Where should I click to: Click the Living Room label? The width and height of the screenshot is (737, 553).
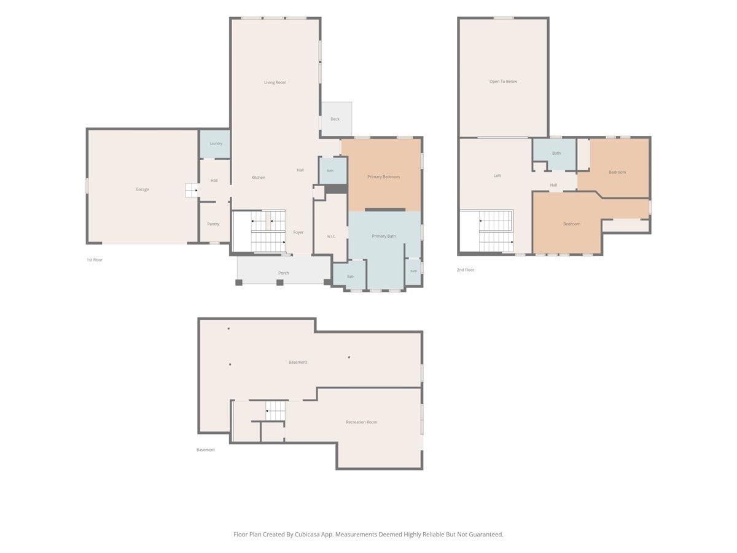pyautogui.click(x=275, y=82)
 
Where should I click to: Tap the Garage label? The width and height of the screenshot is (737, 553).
pyautogui.click(x=142, y=189)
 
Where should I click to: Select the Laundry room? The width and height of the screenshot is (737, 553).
pyautogui.click(x=215, y=144)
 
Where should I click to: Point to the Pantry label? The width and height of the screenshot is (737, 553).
pyautogui.click(x=213, y=224)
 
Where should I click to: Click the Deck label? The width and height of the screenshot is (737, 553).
pyautogui.click(x=335, y=119)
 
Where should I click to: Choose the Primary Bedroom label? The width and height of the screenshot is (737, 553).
pyautogui.click(x=383, y=177)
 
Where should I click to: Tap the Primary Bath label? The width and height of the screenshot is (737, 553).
pyautogui.click(x=384, y=237)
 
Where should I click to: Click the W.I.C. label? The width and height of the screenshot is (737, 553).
pyautogui.click(x=331, y=237)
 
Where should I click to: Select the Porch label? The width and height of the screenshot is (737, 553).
pyautogui.click(x=283, y=273)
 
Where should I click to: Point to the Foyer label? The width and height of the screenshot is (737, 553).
pyautogui.click(x=298, y=232)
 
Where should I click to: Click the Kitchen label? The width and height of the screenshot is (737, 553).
pyautogui.click(x=258, y=178)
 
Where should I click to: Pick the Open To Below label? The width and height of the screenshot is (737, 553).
pyautogui.click(x=503, y=82)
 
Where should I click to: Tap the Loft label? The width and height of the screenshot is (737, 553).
pyautogui.click(x=497, y=176)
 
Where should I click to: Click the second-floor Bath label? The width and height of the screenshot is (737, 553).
pyautogui.click(x=556, y=154)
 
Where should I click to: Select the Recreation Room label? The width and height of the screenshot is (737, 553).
pyautogui.click(x=361, y=422)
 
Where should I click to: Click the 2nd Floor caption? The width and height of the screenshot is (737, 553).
pyautogui.click(x=466, y=270)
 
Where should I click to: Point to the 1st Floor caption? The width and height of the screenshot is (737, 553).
pyautogui.click(x=95, y=260)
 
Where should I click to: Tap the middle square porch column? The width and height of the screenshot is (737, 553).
pyautogui.click(x=279, y=283)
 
